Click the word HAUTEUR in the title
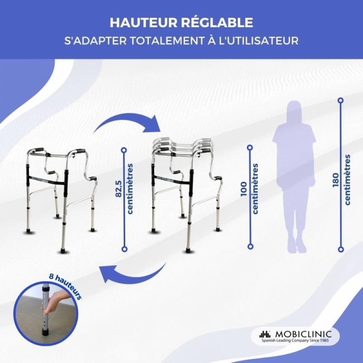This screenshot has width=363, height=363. coord(143,23)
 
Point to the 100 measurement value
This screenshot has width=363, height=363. coord(244,189)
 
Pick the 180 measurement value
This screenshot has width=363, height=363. coord(335,180)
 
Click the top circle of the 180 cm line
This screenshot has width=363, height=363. coord(341,100)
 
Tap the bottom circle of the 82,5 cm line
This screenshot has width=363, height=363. coord(124,249)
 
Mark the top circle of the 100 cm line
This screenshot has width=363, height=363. coord(250,147)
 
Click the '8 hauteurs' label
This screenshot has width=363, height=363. coord(65,286)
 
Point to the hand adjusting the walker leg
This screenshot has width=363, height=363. coord(54,302)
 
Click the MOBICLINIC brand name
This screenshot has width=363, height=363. coord(303,334)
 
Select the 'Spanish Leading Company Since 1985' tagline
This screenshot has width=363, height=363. coord(295,340)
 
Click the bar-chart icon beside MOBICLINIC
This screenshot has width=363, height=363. coord(265,334)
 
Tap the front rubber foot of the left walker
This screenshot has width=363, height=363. coord(63,251)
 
